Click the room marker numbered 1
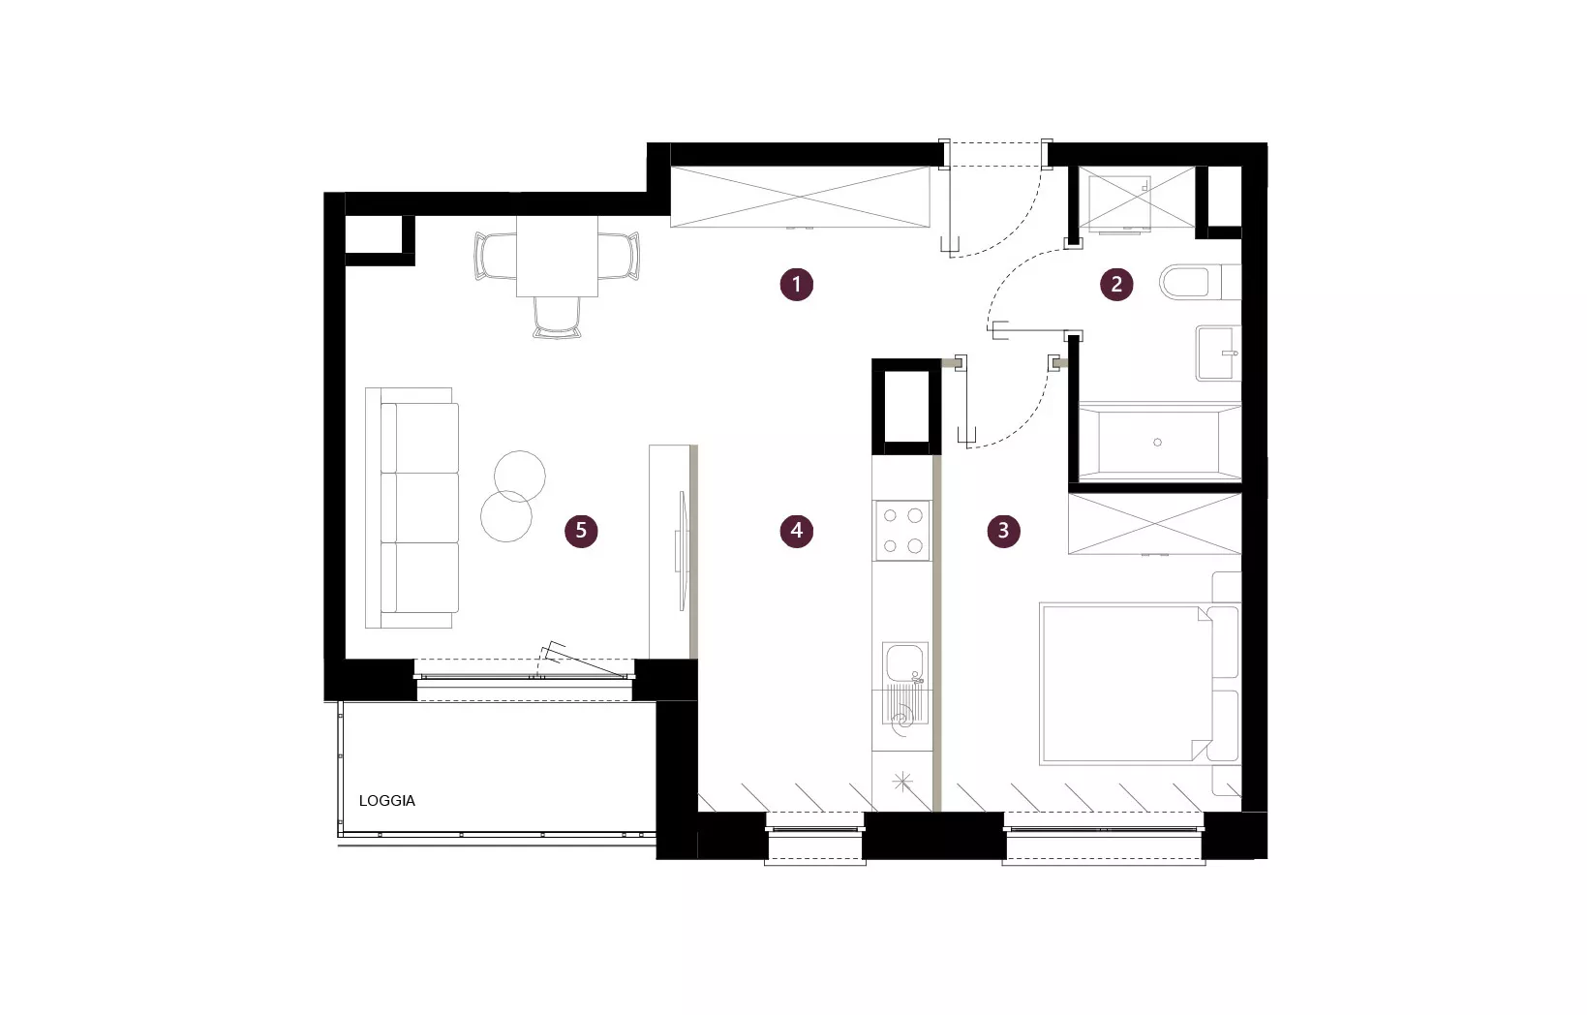(796, 284)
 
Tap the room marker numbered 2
(1116, 284)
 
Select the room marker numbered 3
(1003, 530)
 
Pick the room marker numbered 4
(796, 530)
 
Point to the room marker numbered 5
(581, 530)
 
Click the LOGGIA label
(387, 801)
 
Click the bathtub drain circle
(1158, 443)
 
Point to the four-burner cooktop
(901, 530)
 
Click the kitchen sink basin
(903, 662)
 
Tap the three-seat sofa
(412, 507)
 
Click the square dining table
(557, 256)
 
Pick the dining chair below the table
(557, 318)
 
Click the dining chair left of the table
(495, 256)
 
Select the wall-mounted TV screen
(683, 550)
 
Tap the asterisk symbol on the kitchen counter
(902, 783)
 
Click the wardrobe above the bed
(1155, 524)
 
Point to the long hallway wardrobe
(800, 197)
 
